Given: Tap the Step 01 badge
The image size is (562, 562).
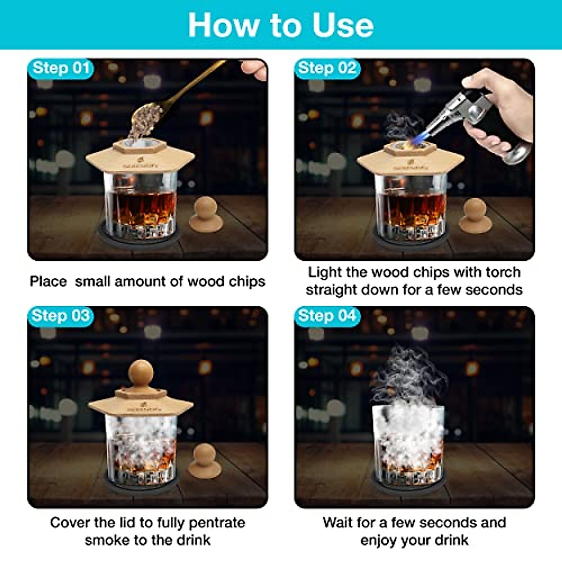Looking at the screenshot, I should pyautogui.click(x=61, y=68).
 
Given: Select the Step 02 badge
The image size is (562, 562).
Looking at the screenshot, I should pyautogui.click(x=327, y=68).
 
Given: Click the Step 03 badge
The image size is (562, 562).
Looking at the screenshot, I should pyautogui.click(x=61, y=316).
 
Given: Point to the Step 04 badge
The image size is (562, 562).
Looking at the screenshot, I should pyautogui.click(x=327, y=316).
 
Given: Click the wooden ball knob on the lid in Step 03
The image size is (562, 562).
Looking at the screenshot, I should pyautogui.click(x=141, y=374).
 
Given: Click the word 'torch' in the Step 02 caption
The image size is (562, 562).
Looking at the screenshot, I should pyautogui.click(x=503, y=272).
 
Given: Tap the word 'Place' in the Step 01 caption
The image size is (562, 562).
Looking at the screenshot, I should pyautogui.click(x=48, y=281).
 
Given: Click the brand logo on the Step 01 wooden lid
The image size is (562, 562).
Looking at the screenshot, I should pyautogui.click(x=134, y=165).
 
